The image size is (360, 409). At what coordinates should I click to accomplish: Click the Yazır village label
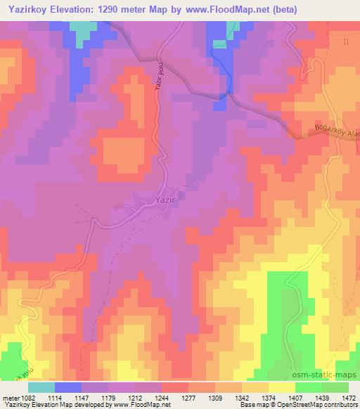pos(160,200)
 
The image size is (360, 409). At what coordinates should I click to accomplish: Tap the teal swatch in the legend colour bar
pos(41,387)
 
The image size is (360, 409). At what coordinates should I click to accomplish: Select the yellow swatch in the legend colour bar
pos(281,387)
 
